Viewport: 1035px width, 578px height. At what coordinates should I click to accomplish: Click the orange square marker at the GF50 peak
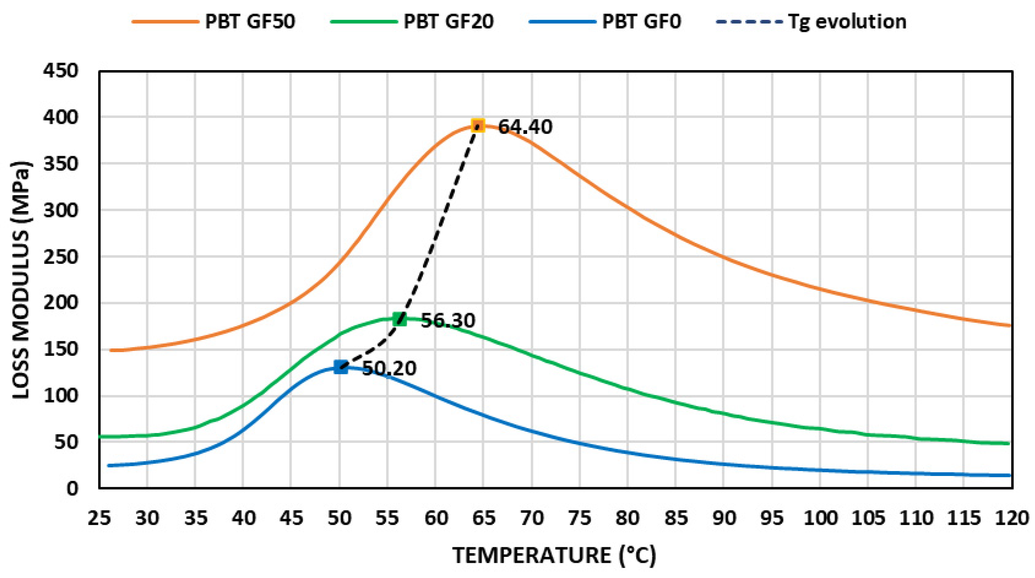478,126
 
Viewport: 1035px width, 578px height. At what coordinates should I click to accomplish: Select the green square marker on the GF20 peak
400,319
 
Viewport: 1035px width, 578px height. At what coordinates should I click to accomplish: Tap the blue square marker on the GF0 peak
341,367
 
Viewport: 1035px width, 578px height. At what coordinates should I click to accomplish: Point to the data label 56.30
448,321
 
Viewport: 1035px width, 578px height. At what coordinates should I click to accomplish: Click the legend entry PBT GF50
250,21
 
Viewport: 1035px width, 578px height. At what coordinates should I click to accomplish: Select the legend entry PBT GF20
448,21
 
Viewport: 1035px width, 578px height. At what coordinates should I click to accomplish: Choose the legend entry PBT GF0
641,21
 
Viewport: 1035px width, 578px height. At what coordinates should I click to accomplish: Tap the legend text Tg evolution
847,21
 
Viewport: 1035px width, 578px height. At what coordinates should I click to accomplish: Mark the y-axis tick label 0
72,489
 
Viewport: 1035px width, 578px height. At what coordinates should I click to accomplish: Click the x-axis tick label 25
99,518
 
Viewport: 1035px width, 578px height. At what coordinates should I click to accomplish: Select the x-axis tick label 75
580,518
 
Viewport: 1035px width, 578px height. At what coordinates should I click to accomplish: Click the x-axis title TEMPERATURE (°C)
555,555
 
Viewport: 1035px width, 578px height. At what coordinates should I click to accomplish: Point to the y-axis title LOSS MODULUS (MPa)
21,280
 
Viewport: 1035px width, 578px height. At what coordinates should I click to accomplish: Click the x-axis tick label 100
820,518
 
